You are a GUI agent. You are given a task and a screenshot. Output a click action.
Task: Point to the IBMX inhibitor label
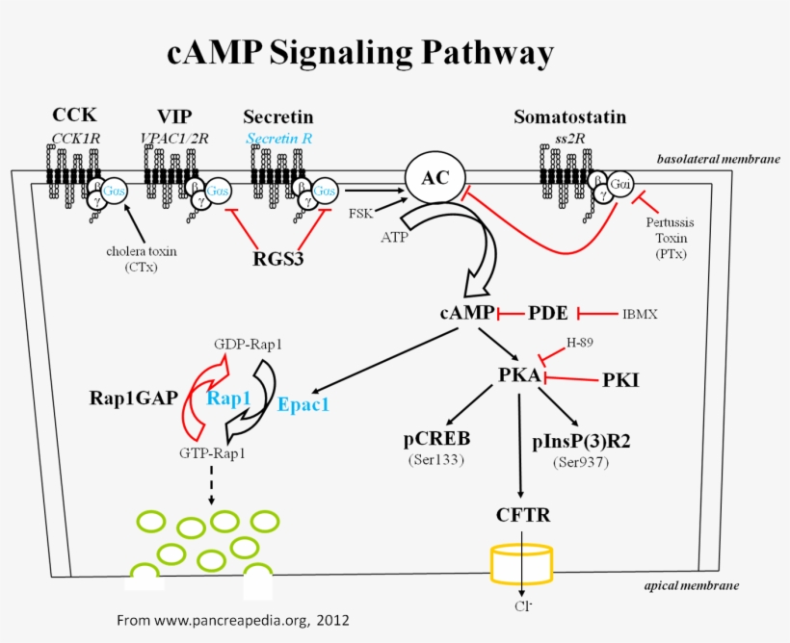pyautogui.click(x=643, y=314)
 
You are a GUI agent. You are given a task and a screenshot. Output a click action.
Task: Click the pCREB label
pyautogui.click(x=436, y=439)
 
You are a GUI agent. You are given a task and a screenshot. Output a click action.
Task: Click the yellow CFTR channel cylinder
pyautogui.click(x=521, y=565)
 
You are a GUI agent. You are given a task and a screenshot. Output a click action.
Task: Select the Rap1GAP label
pyautogui.click(x=133, y=397)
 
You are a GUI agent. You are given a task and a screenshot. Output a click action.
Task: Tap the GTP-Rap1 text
pyautogui.click(x=212, y=451)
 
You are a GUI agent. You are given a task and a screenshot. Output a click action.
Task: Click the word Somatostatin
pyautogui.click(x=569, y=117)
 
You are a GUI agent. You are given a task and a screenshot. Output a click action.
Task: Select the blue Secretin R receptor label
pyautogui.click(x=279, y=138)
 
